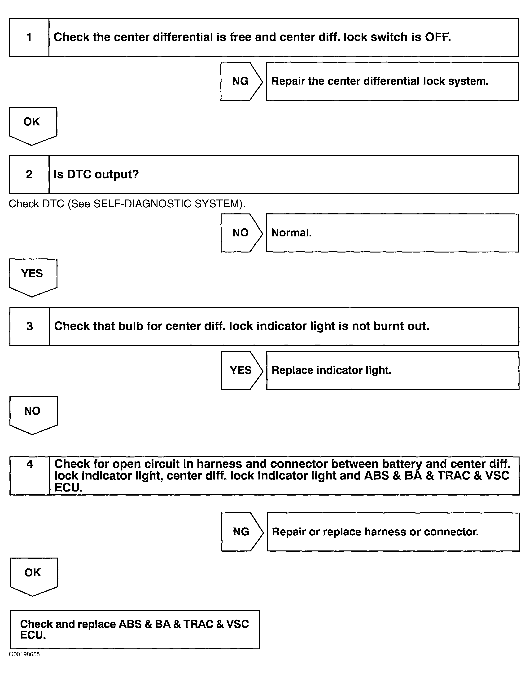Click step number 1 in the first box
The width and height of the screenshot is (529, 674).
[29, 37]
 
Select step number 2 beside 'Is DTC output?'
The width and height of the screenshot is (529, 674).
[29, 174]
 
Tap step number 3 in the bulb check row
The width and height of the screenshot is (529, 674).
[29, 326]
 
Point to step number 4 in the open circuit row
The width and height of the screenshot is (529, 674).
[30, 464]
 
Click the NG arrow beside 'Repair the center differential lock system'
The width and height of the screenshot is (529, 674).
[241, 81]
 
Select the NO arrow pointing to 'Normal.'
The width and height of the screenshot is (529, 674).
[241, 233]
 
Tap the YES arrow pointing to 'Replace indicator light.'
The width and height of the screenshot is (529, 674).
[241, 370]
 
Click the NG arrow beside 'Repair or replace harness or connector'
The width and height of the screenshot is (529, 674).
[241, 532]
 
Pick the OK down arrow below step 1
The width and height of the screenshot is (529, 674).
[32, 124]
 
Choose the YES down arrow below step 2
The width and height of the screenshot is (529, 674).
[32, 276]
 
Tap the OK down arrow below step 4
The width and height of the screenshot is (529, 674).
[33, 575]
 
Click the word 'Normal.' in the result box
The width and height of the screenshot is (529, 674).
[291, 233]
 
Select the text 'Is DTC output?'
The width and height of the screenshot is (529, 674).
[96, 174]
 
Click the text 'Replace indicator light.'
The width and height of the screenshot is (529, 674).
[331, 370]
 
